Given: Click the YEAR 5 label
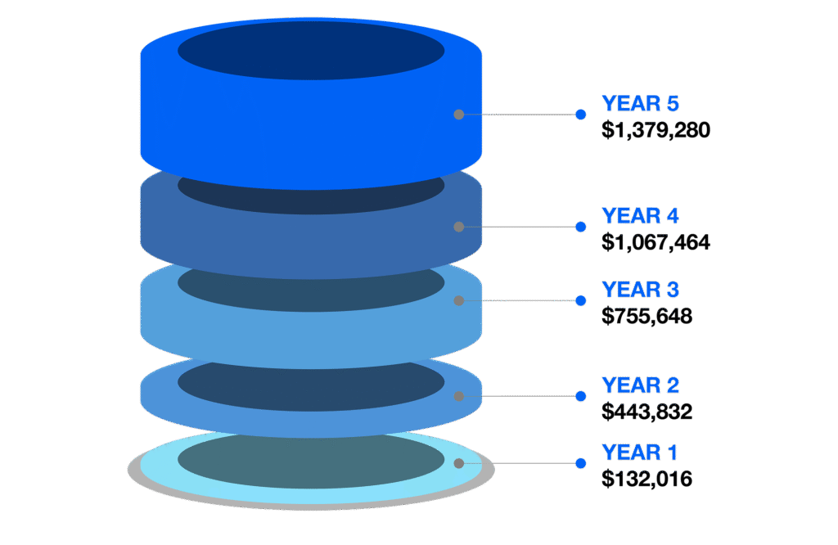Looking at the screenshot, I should tap(640, 103).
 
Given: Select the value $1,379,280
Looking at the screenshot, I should tap(656, 130).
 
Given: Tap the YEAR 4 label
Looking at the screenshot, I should tap(640, 215).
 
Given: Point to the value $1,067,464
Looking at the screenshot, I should tap(656, 242).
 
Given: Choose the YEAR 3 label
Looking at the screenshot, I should tap(640, 290).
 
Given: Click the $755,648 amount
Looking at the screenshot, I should tap(647, 316).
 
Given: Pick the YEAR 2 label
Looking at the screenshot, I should tap(640, 385).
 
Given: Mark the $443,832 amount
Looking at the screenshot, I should tap(647, 412).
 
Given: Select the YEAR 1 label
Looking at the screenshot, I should tap(640, 452).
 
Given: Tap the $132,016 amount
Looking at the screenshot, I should tap(647, 479).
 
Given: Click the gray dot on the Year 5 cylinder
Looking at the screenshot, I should tap(459, 115).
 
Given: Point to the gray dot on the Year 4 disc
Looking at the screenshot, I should tap(459, 227).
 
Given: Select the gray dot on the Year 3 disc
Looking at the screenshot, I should tap(459, 300).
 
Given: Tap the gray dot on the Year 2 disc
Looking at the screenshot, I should tap(459, 396).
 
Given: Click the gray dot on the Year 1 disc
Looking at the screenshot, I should tap(459, 463).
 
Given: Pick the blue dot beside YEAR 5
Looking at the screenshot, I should tap(581, 115).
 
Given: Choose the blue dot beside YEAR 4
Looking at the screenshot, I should tap(581, 227).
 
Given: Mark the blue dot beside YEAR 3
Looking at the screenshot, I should tap(581, 300).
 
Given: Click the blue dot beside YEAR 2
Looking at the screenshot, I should tap(581, 396).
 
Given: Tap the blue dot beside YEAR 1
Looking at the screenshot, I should tap(581, 463).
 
